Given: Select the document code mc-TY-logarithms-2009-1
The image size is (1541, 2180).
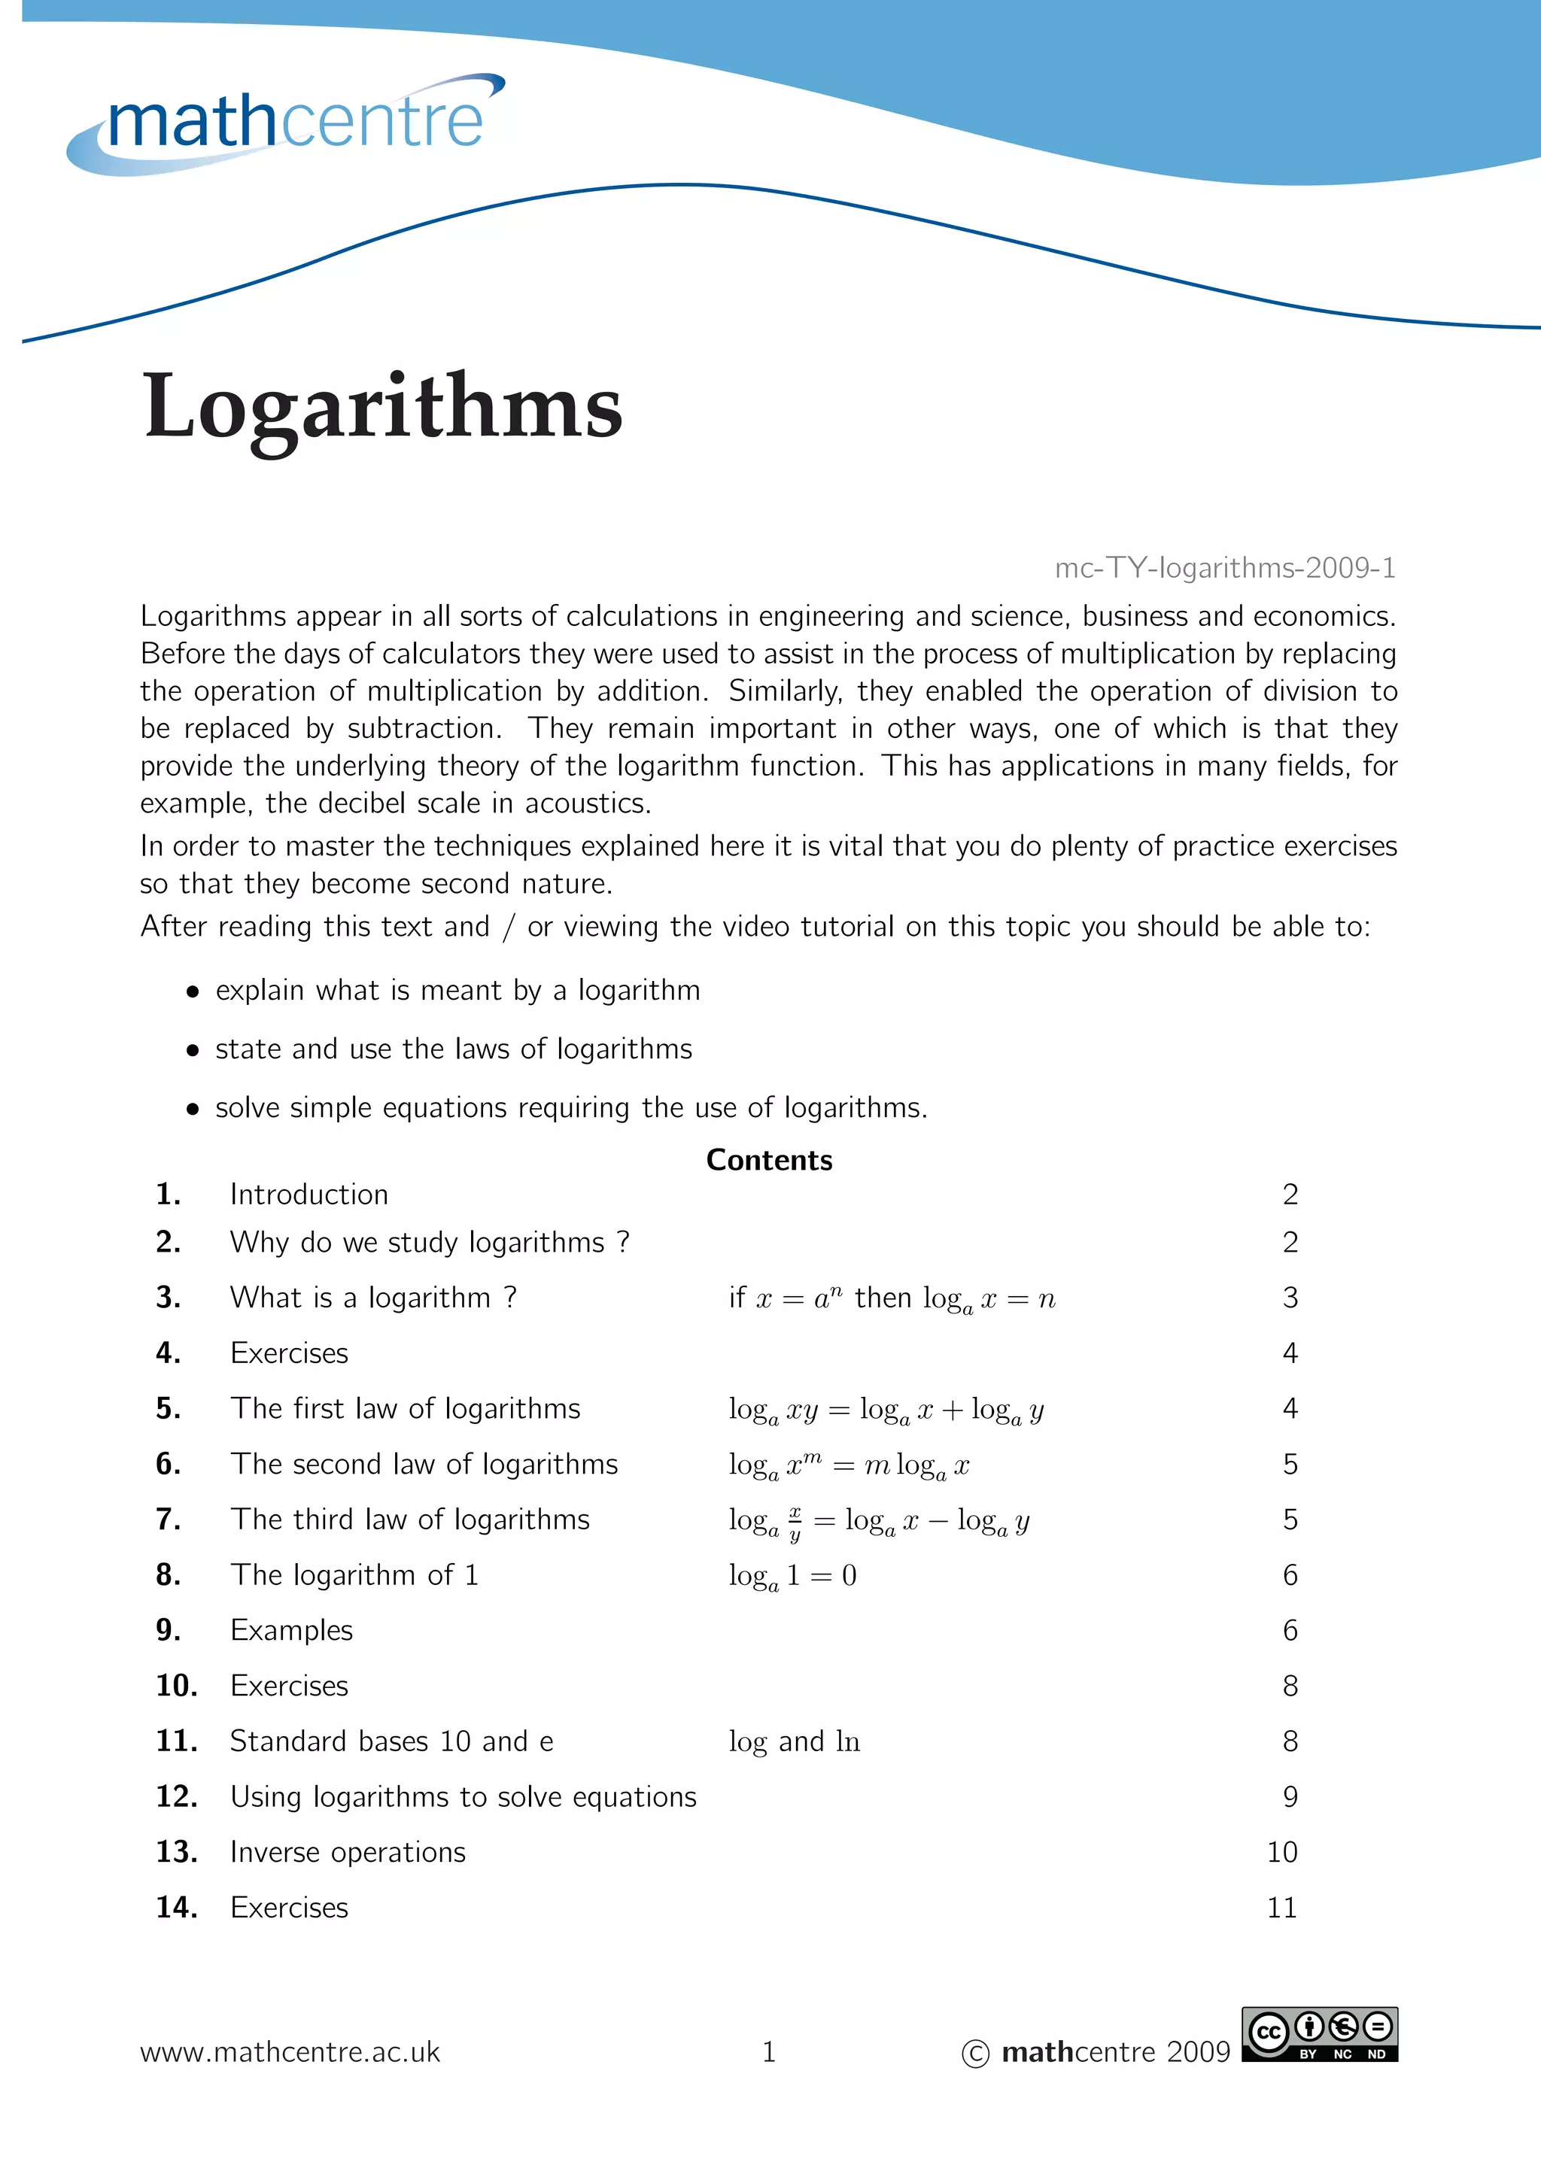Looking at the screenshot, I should point(1225,568).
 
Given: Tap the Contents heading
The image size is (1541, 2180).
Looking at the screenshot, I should point(769,1160).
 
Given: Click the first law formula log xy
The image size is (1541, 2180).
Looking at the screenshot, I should point(886,1410).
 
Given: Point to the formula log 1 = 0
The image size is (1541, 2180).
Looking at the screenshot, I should point(793,1576).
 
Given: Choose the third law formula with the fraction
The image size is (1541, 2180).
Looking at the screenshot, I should point(878,1521).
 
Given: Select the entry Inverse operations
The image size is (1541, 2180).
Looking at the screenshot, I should point(348,1853).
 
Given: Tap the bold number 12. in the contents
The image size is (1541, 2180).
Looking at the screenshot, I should point(177,1796).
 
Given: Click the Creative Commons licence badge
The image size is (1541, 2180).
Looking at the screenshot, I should point(1320,2035).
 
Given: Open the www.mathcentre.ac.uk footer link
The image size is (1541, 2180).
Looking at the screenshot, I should point(290,2052).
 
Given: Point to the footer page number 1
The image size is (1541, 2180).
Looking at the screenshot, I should point(769,2052).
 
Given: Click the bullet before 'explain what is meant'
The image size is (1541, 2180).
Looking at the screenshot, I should point(193,992).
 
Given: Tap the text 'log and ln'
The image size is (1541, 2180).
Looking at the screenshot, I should point(794,1741).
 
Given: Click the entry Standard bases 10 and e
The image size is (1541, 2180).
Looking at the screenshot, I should point(391,1741).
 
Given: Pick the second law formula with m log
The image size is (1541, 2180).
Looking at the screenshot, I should point(849,1465).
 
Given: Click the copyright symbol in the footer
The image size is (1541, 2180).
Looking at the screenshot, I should point(975,2054).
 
